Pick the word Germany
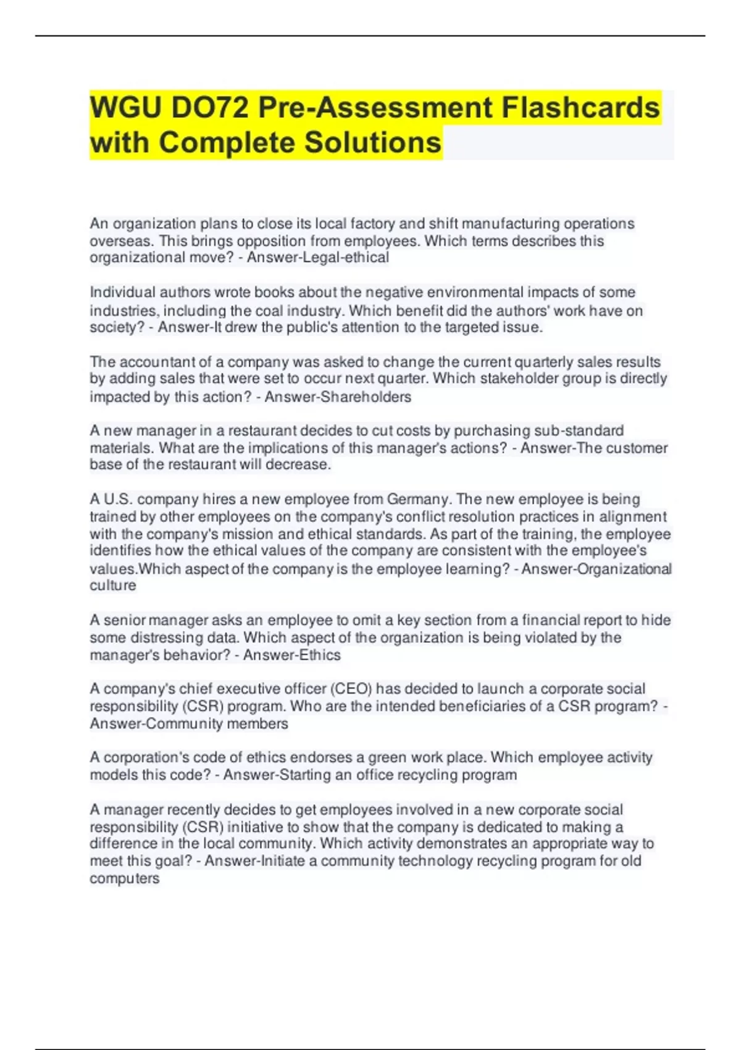pyautogui.click(x=418, y=499)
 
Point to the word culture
pyautogui.click(x=113, y=586)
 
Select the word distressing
pyautogui.click(x=155, y=637)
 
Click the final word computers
pyautogui.click(x=125, y=878)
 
